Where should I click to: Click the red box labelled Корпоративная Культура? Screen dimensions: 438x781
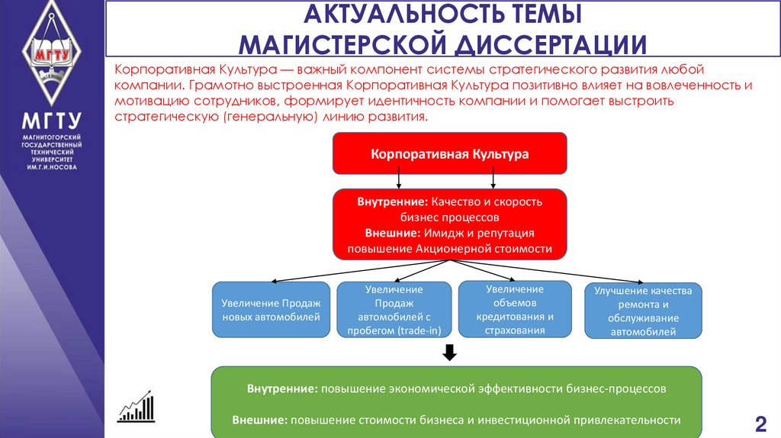(x=449, y=153)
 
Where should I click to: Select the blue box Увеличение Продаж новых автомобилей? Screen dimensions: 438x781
(x=271, y=309)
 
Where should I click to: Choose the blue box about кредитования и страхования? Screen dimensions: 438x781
(x=514, y=309)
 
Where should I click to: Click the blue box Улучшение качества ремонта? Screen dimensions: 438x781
(x=642, y=311)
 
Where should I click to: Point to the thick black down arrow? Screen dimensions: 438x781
(x=449, y=352)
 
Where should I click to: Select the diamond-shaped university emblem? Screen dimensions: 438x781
(x=52, y=54)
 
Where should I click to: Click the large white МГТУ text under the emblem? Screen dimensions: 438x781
(x=51, y=122)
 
